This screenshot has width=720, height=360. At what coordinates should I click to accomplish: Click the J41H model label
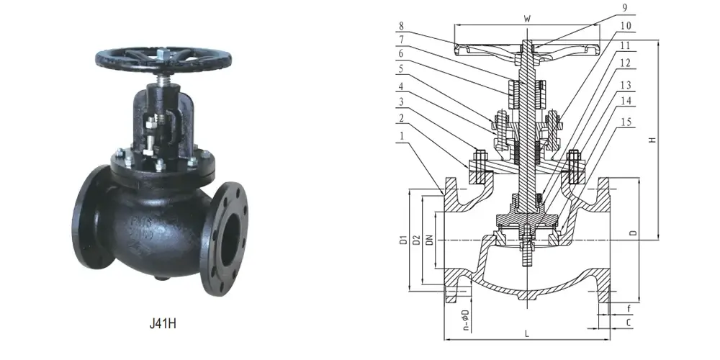163,323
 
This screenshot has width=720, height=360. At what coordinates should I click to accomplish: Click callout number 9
625,9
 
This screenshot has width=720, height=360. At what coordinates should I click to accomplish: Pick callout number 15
625,122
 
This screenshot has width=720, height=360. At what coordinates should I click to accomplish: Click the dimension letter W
528,18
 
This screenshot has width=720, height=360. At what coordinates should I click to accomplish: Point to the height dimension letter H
652,140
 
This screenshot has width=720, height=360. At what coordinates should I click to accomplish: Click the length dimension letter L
527,333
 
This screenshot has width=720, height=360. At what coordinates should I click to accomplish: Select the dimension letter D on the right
631,233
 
